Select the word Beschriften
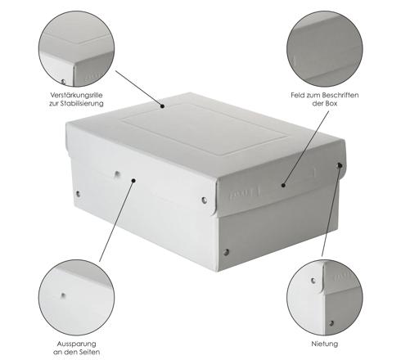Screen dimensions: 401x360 pos(340,95)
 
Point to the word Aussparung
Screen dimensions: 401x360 pos(76,344)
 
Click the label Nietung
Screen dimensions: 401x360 pos(325,344)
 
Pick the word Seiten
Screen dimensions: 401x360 pos(89,352)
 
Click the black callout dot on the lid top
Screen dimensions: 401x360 pos(162,106)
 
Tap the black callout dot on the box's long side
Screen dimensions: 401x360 pos(133,181)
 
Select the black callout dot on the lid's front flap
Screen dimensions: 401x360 pos(283,186)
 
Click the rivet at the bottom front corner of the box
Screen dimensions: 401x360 pos(226,252)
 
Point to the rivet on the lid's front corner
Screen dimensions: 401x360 pos(205,200)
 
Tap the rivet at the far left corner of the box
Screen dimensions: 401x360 pos(78,194)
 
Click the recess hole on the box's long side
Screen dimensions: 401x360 pos(117,174)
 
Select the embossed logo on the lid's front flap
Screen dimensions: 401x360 pos(244,193)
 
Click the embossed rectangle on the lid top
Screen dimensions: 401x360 pos(205,129)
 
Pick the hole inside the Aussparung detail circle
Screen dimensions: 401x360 pos(63,295)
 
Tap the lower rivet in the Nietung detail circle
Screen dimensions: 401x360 pos(331,323)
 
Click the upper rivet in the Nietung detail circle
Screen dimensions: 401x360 pos(313,281)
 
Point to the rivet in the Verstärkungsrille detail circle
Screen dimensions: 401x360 pos(63,82)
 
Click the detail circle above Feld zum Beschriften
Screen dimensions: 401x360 pos(325,49)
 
